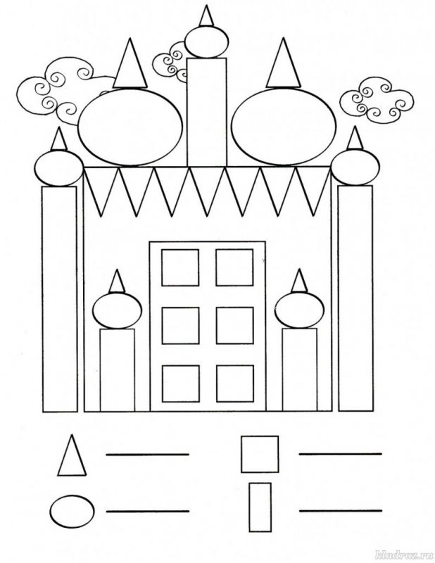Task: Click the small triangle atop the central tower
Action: [x=206, y=16]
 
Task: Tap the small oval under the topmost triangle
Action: [x=206, y=42]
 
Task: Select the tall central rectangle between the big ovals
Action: [x=207, y=112]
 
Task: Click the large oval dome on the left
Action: [x=130, y=127]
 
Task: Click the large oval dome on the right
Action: [x=284, y=127]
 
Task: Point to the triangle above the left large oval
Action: [x=130, y=65]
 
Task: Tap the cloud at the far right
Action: [x=377, y=99]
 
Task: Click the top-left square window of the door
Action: [x=180, y=267]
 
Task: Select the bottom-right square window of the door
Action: [x=235, y=384]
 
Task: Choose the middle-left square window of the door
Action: [x=180, y=326]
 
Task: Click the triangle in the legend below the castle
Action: [x=72, y=456]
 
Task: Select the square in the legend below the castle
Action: [x=260, y=454]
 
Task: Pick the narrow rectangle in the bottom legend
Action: [x=260, y=507]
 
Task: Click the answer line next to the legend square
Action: [x=340, y=454]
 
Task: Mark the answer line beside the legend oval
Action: [x=148, y=511]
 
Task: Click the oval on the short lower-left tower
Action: [x=117, y=311]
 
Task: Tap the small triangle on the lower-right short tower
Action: [x=299, y=281]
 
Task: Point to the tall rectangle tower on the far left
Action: [x=60, y=299]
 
